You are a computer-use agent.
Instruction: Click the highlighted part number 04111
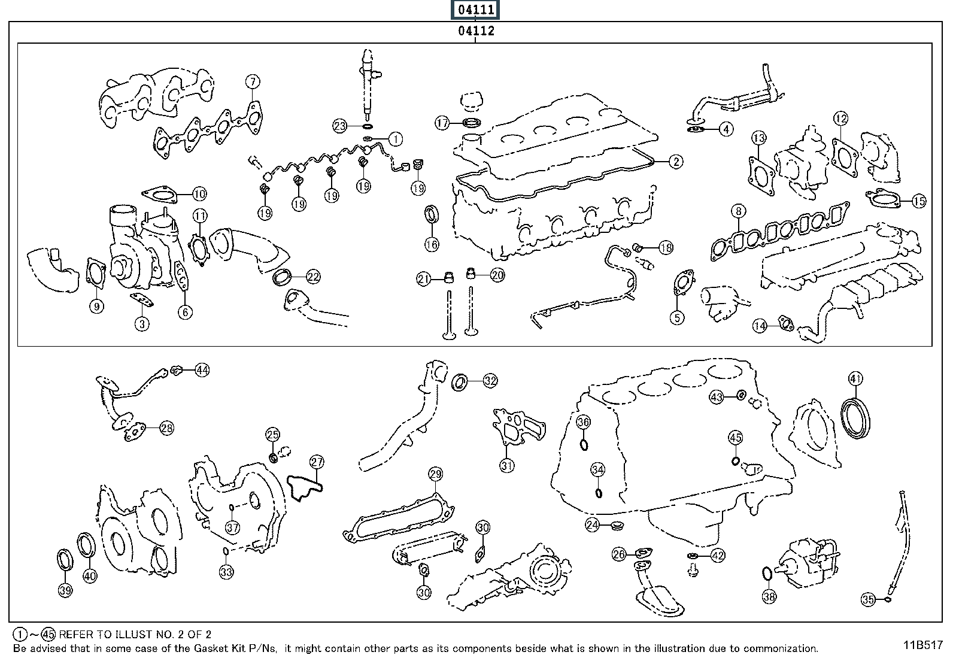pos(476,10)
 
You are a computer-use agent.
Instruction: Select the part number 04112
pos(476,31)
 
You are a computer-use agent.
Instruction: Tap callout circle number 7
pos(253,81)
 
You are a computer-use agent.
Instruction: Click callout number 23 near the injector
pos(340,126)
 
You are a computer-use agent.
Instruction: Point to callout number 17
pos(442,123)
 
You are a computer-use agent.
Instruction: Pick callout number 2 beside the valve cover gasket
pos(675,161)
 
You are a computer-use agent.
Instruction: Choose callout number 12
pos(840,119)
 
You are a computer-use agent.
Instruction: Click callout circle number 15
pos(919,201)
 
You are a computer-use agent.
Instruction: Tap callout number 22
pos(313,277)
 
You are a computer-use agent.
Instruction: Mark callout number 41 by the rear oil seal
pos(855,378)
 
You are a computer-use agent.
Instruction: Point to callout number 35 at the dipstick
pos(869,598)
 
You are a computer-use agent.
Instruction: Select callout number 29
pos(435,475)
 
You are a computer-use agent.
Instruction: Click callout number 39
pos(65,590)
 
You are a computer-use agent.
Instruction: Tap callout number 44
pos(202,370)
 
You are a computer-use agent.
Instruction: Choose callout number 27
pos(317,462)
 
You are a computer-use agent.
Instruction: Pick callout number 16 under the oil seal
pos(432,244)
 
